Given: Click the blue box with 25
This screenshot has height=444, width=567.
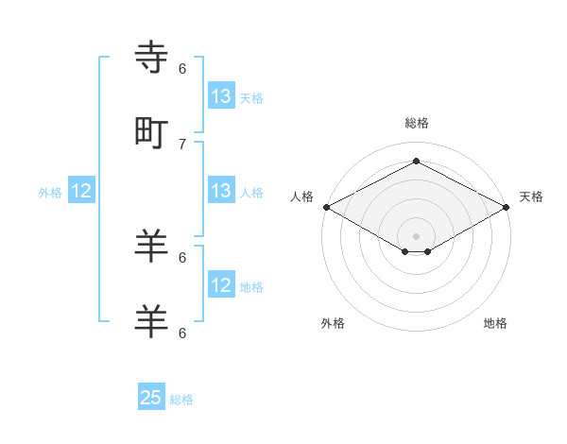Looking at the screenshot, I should [x=151, y=398].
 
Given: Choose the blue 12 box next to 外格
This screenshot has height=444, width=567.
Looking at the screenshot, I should [x=82, y=192].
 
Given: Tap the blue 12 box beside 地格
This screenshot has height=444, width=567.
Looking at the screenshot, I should [x=221, y=285].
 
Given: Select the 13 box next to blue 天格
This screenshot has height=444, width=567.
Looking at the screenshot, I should [x=221, y=96].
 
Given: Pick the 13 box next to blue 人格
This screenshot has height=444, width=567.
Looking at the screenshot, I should [x=221, y=191].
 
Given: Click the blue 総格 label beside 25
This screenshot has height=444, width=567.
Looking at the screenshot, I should [x=181, y=400].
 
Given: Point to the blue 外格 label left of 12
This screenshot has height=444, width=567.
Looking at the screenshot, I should [x=50, y=193].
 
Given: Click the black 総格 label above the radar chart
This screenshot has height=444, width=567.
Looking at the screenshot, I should [x=416, y=123].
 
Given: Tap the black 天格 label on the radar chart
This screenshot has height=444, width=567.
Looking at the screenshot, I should [x=531, y=196].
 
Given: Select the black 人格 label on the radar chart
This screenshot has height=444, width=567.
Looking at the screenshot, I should [x=301, y=196].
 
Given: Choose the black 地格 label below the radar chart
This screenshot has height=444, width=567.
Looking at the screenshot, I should [x=495, y=323].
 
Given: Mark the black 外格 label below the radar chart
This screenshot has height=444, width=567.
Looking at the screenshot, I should [x=333, y=323].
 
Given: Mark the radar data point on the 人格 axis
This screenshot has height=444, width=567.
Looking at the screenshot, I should [x=326, y=207].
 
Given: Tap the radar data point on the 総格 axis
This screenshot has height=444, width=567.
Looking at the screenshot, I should [x=416, y=161].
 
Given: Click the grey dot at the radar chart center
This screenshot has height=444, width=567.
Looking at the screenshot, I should [x=416, y=236].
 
